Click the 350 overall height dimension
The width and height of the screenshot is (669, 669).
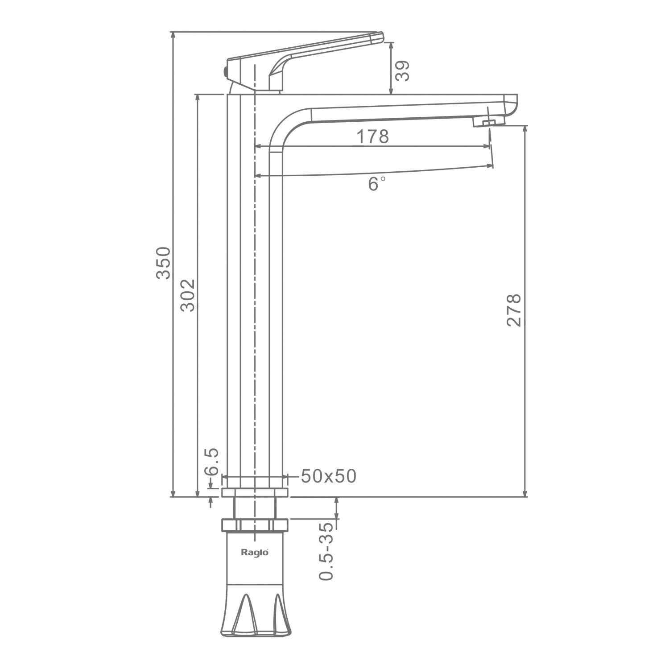click(x=163, y=263)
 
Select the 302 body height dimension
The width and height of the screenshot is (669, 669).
click(x=188, y=295)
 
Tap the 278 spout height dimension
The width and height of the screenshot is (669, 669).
click(x=514, y=310)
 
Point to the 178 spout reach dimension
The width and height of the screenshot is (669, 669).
click(x=372, y=136)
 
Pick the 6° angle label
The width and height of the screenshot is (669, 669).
click(x=376, y=183)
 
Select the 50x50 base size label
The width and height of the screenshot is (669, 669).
click(x=329, y=476)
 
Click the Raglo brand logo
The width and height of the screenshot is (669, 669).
click(x=255, y=552)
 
